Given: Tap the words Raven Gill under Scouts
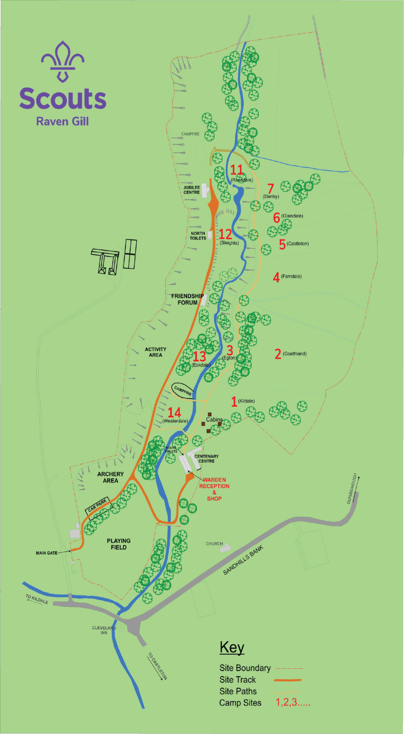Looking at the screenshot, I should coord(63,121).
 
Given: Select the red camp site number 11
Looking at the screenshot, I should coord(237,170).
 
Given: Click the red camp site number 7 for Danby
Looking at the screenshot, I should coord(271,188).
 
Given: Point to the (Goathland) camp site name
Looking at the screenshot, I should coord(295,354).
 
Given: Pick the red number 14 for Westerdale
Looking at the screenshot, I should coord(174,412).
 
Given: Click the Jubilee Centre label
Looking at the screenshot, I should coord(192,190).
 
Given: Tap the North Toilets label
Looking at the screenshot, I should coord(198,236).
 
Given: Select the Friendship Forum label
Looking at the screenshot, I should coord(187,299).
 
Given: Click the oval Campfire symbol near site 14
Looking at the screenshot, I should coord(183,391).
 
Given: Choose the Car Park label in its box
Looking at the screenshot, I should coord(97,505).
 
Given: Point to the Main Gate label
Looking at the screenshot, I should coord(46,553).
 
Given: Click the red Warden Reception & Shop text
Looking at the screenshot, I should coord(214,489).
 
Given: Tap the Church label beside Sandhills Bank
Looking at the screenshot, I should coord(214,544).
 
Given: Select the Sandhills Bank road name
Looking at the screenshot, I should coord(243,560).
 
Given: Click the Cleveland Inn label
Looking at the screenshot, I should coord(104,630).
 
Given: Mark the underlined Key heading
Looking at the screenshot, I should coord(232,647).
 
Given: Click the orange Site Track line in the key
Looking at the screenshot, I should coord(287,680).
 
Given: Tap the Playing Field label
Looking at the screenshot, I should coord(119,544).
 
